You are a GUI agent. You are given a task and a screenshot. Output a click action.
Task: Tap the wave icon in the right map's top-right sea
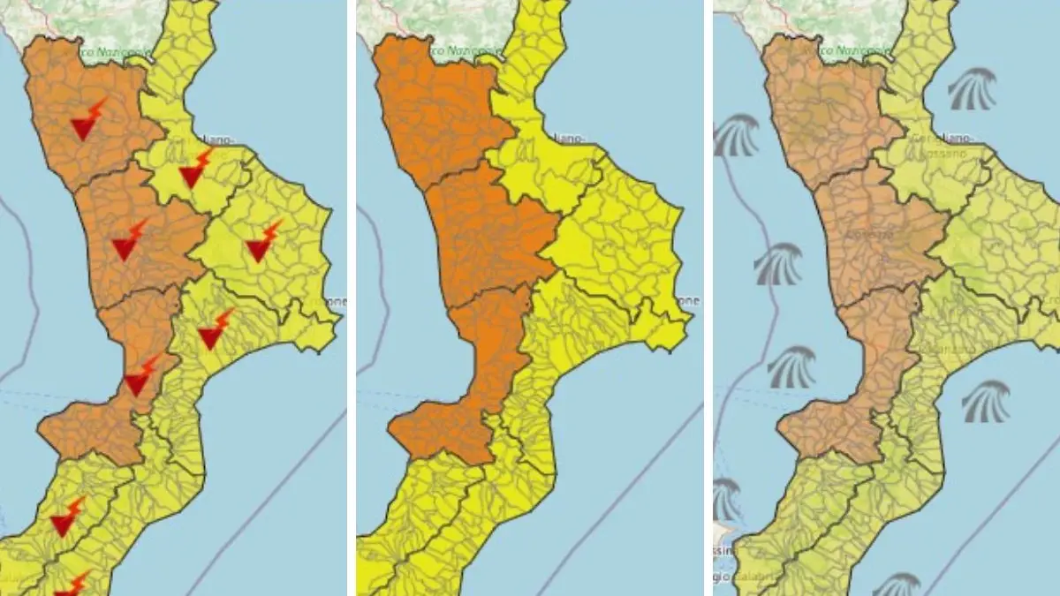pos(972,89)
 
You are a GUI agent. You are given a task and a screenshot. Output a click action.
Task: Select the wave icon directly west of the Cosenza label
pos(777,263)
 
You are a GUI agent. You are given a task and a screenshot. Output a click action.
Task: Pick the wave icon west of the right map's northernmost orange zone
pos(736,134)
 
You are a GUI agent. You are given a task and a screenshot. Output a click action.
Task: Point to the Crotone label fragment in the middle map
pos(688,301)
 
